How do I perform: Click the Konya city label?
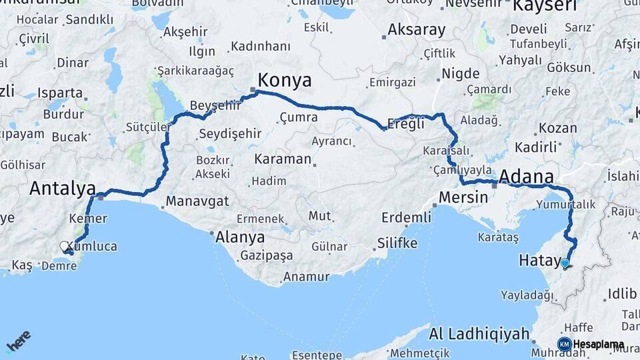285,81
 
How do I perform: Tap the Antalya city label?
62,189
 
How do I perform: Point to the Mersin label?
464,198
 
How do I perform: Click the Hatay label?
537,261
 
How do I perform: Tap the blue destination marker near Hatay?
565,263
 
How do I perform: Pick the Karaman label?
283,159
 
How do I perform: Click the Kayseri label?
544,7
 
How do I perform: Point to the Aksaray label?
416,29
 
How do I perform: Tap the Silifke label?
397,243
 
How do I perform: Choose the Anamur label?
307,277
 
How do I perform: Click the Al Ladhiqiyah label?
479,333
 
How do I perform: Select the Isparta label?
60,93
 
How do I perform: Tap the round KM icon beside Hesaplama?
564,344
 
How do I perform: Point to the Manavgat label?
197,201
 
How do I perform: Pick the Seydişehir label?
230,133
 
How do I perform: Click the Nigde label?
461,73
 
